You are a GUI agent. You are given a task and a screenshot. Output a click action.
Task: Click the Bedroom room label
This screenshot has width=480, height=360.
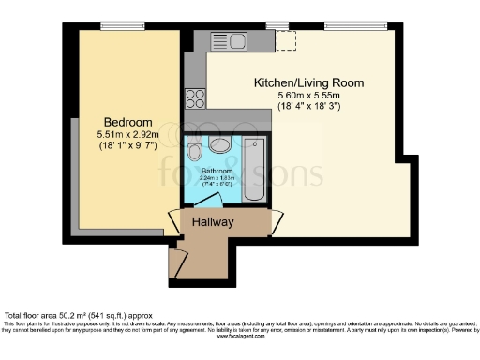click(127, 123)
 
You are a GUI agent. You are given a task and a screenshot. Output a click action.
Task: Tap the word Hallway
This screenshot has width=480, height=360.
click(213, 222)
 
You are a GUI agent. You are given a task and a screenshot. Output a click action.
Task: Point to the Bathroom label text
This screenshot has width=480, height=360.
click(223, 171)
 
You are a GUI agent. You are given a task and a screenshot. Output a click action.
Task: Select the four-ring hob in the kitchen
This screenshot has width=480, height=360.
click(196, 97)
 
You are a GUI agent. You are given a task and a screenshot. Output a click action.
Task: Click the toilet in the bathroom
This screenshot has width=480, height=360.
click(194, 150)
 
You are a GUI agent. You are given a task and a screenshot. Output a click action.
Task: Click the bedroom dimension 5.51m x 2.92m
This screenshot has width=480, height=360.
click(127, 136)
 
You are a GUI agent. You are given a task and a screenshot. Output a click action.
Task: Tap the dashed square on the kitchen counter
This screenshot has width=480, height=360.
click(286, 40)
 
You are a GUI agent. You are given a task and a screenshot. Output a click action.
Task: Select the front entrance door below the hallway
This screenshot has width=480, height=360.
click(173, 264)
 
